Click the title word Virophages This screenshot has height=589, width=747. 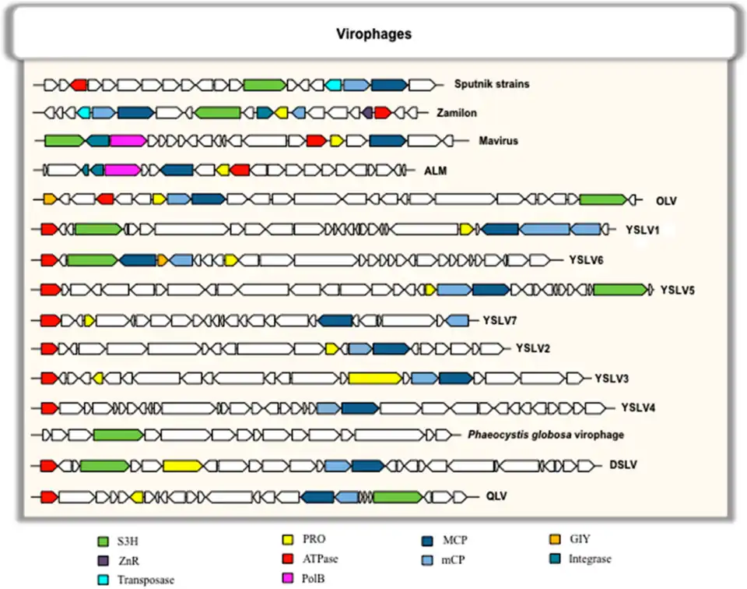373,34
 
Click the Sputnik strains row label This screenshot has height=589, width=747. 492,83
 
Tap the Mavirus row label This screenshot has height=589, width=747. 499,141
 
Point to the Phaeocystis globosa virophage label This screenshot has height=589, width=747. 547,434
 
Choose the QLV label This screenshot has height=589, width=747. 496,496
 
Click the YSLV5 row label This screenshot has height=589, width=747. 677,290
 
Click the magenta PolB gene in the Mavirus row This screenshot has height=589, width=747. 128,141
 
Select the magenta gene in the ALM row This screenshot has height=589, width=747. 122,169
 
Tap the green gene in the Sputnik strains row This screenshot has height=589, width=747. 265,84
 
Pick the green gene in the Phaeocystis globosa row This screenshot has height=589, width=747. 117,435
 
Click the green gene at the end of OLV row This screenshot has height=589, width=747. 603,199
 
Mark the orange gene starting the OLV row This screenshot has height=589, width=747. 49,199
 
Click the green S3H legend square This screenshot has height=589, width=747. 102,540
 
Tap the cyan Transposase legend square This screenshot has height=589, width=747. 102,579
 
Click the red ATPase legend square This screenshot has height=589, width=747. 287,558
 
